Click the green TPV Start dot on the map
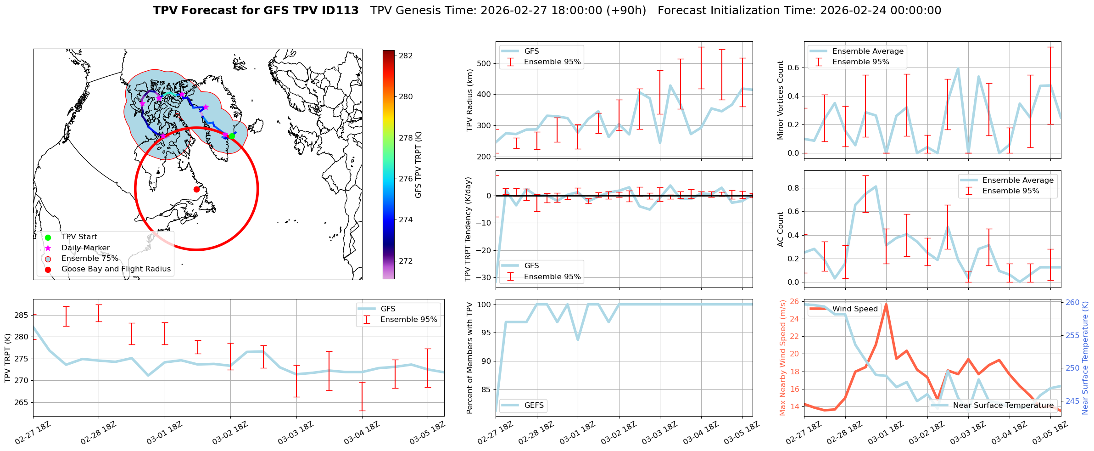[232, 136]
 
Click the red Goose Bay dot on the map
[196, 189]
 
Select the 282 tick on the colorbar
[406, 56]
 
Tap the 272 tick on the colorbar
[406, 261]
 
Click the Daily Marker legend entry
[85, 248]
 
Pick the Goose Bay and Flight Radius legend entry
[116, 269]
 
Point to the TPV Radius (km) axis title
[469, 100]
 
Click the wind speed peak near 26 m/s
[886, 304]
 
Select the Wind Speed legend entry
[854, 309]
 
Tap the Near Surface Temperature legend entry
[1003, 405]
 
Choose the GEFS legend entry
[534, 405]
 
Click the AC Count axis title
[780, 229]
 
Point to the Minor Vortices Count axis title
[780, 100]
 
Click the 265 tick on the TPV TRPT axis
[22, 402]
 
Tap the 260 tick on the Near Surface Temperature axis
[1072, 302]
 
